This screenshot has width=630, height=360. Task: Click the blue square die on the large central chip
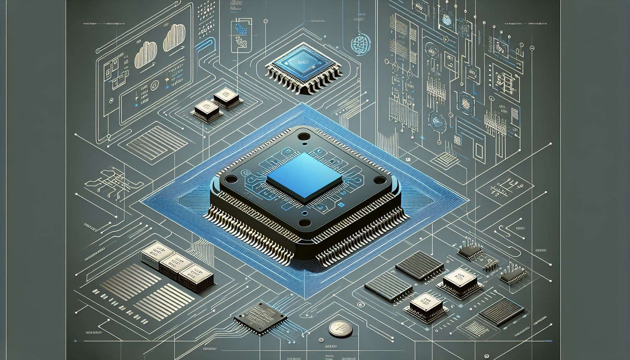[x=304, y=178]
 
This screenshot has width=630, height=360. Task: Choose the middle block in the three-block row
[x=172, y=264]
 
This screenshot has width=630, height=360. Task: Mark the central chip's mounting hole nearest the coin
[x=304, y=223]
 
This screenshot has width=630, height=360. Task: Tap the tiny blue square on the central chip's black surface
[x=340, y=205]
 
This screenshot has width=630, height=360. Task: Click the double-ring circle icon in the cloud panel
[x=154, y=86]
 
